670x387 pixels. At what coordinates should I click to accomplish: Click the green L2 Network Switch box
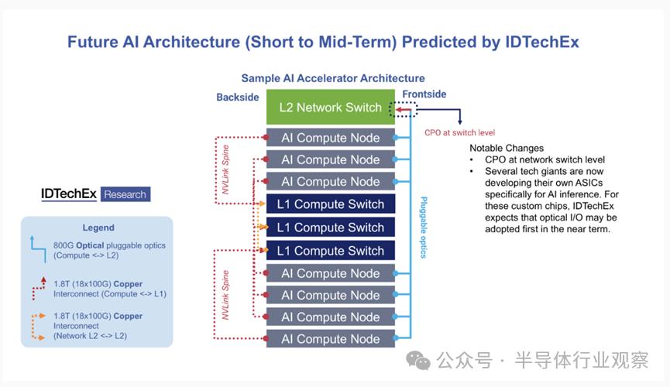(330, 107)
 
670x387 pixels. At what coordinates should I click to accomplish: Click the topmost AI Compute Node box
(330, 138)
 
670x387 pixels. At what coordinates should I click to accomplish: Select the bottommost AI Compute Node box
(330, 339)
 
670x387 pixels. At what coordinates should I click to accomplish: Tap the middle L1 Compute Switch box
(330, 228)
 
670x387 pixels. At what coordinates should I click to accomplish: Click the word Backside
(238, 98)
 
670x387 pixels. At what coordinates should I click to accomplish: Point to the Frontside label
(424, 94)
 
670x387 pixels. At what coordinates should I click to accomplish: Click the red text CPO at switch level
(460, 133)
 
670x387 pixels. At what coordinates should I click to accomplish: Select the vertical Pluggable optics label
(424, 228)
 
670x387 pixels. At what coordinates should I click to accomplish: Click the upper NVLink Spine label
(225, 170)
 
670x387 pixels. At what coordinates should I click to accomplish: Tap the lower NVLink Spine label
(225, 295)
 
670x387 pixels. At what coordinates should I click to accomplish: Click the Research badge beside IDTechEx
(125, 194)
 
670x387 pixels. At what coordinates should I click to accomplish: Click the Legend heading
(98, 228)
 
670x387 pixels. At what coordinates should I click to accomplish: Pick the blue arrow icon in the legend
(39, 249)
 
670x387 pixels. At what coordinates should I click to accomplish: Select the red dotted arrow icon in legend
(39, 289)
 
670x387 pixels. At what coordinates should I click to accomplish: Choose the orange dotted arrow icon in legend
(39, 327)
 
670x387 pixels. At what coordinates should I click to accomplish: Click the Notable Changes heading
(507, 149)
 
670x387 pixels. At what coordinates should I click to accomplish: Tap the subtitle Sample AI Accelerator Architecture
(333, 78)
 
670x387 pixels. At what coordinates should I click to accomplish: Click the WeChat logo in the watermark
(418, 361)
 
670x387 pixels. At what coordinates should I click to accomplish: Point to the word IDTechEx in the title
(542, 42)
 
